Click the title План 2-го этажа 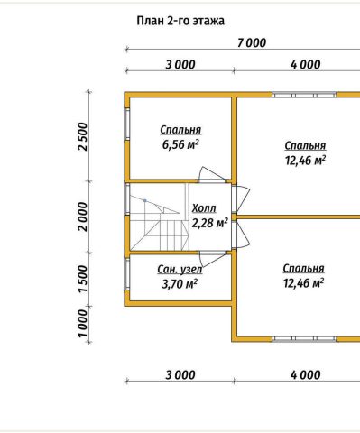tap(180, 22)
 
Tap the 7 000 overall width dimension tap(252, 43)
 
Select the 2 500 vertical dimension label tap(83, 136)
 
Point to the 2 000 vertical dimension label tap(83, 216)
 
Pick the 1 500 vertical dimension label tap(83, 279)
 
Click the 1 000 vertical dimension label tap(83, 324)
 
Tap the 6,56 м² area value tap(180, 144)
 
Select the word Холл tap(204, 208)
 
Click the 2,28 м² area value tap(209, 223)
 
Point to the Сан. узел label tap(180, 270)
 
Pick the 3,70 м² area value tap(180, 283)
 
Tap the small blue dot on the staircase tap(145, 200)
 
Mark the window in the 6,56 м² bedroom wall tap(127, 124)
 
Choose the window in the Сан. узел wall tap(127, 274)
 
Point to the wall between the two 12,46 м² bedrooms tap(299, 216)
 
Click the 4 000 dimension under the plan tap(306, 375)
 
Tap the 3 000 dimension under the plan tap(180, 375)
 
